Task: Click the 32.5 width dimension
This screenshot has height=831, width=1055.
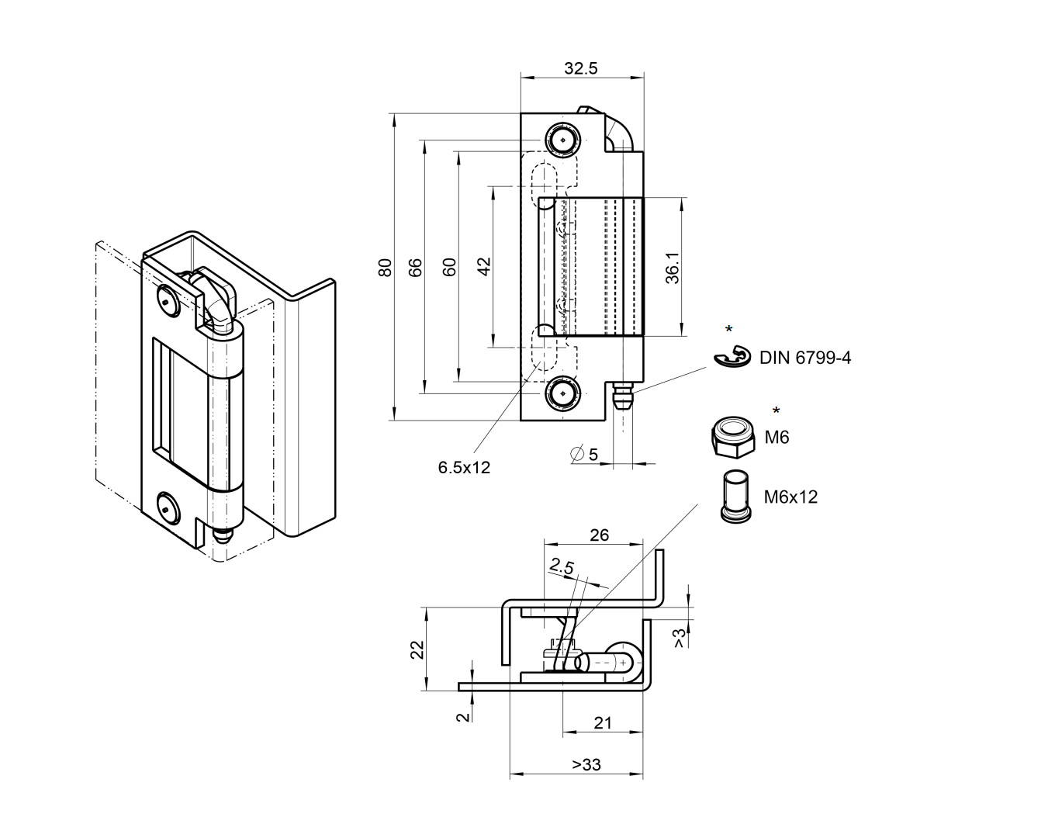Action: [581, 68]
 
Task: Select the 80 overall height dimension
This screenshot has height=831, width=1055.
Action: [385, 267]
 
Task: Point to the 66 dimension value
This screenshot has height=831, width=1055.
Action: [416, 267]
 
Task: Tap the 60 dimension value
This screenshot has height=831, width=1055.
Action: [448, 267]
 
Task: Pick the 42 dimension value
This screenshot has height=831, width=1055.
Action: [484, 267]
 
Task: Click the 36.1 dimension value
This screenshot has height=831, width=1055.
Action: [672, 267]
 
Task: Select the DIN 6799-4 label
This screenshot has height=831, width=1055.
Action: [804, 358]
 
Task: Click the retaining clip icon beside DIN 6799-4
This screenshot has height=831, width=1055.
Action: [732, 358]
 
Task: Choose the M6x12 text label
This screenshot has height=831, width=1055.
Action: [790, 497]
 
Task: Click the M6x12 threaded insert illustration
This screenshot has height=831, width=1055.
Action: [734, 497]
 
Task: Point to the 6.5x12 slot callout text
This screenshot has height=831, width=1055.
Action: [464, 467]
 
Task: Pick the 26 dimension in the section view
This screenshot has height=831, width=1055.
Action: [600, 535]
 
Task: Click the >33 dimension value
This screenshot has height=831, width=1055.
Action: [586, 765]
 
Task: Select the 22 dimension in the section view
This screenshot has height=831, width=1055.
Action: [416, 649]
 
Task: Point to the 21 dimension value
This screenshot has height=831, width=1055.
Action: [603, 723]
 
